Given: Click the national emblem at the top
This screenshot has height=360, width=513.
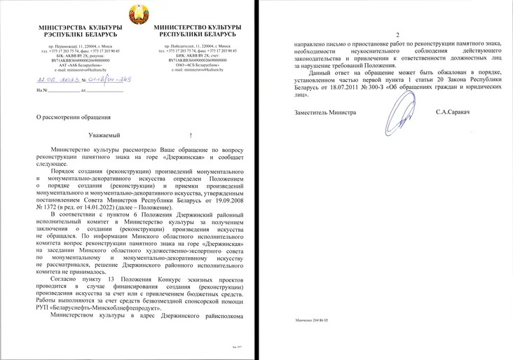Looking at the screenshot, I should pyautogui.click(x=137, y=15).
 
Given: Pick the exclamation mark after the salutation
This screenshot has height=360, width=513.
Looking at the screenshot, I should pyautogui.click(x=191, y=134).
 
